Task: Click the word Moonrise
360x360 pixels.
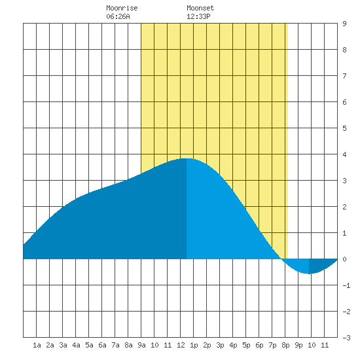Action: [x=122, y=8]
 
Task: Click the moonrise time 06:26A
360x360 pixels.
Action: [x=118, y=16]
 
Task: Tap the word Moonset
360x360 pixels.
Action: [x=200, y=8]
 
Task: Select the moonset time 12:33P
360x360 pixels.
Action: [x=198, y=16]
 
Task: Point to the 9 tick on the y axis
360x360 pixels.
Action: [x=344, y=24]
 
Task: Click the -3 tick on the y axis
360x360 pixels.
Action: [x=346, y=338]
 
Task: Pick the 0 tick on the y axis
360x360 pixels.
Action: [x=344, y=259]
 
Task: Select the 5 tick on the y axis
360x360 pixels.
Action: [x=344, y=128]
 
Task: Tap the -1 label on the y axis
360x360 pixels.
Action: [x=346, y=285]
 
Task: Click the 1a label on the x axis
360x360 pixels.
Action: [x=37, y=345]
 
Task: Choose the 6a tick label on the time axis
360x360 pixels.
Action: [x=102, y=345]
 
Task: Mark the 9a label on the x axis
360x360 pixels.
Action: [x=141, y=345]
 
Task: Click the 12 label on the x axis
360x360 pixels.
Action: [x=181, y=345]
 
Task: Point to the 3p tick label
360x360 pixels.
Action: [x=220, y=345]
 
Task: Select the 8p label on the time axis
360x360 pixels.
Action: [x=285, y=345]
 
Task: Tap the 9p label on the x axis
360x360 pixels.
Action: [x=298, y=345]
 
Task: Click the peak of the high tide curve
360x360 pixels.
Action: [x=187, y=158]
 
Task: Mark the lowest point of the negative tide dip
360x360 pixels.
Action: [x=309, y=274]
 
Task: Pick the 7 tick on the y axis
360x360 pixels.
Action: [x=344, y=76]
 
